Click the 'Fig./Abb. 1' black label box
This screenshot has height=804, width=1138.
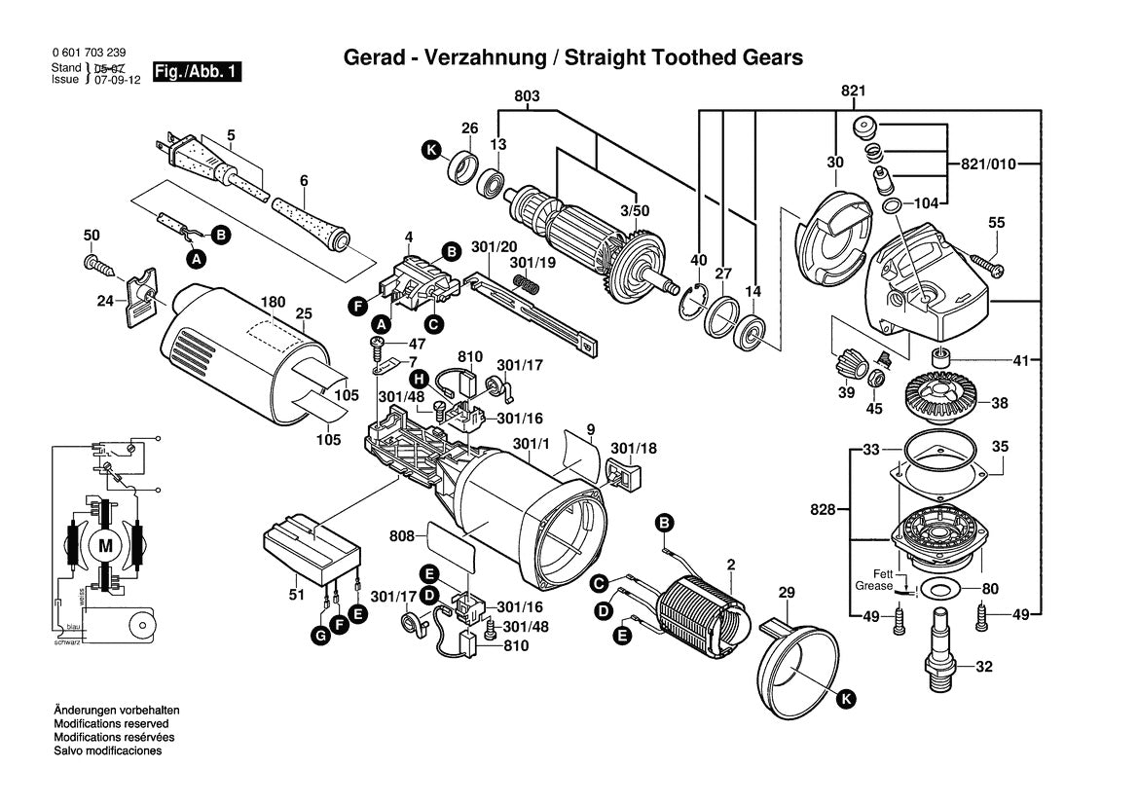tap(198, 73)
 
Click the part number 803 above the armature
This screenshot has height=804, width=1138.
tap(527, 97)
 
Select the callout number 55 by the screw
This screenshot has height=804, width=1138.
tap(996, 224)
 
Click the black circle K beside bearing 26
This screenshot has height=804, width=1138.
tap(430, 151)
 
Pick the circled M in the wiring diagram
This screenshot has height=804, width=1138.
tap(104, 546)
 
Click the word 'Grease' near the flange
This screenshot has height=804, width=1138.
tap(874, 587)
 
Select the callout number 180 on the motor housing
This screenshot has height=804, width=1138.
tap(273, 303)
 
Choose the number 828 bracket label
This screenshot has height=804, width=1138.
tap(823, 509)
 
